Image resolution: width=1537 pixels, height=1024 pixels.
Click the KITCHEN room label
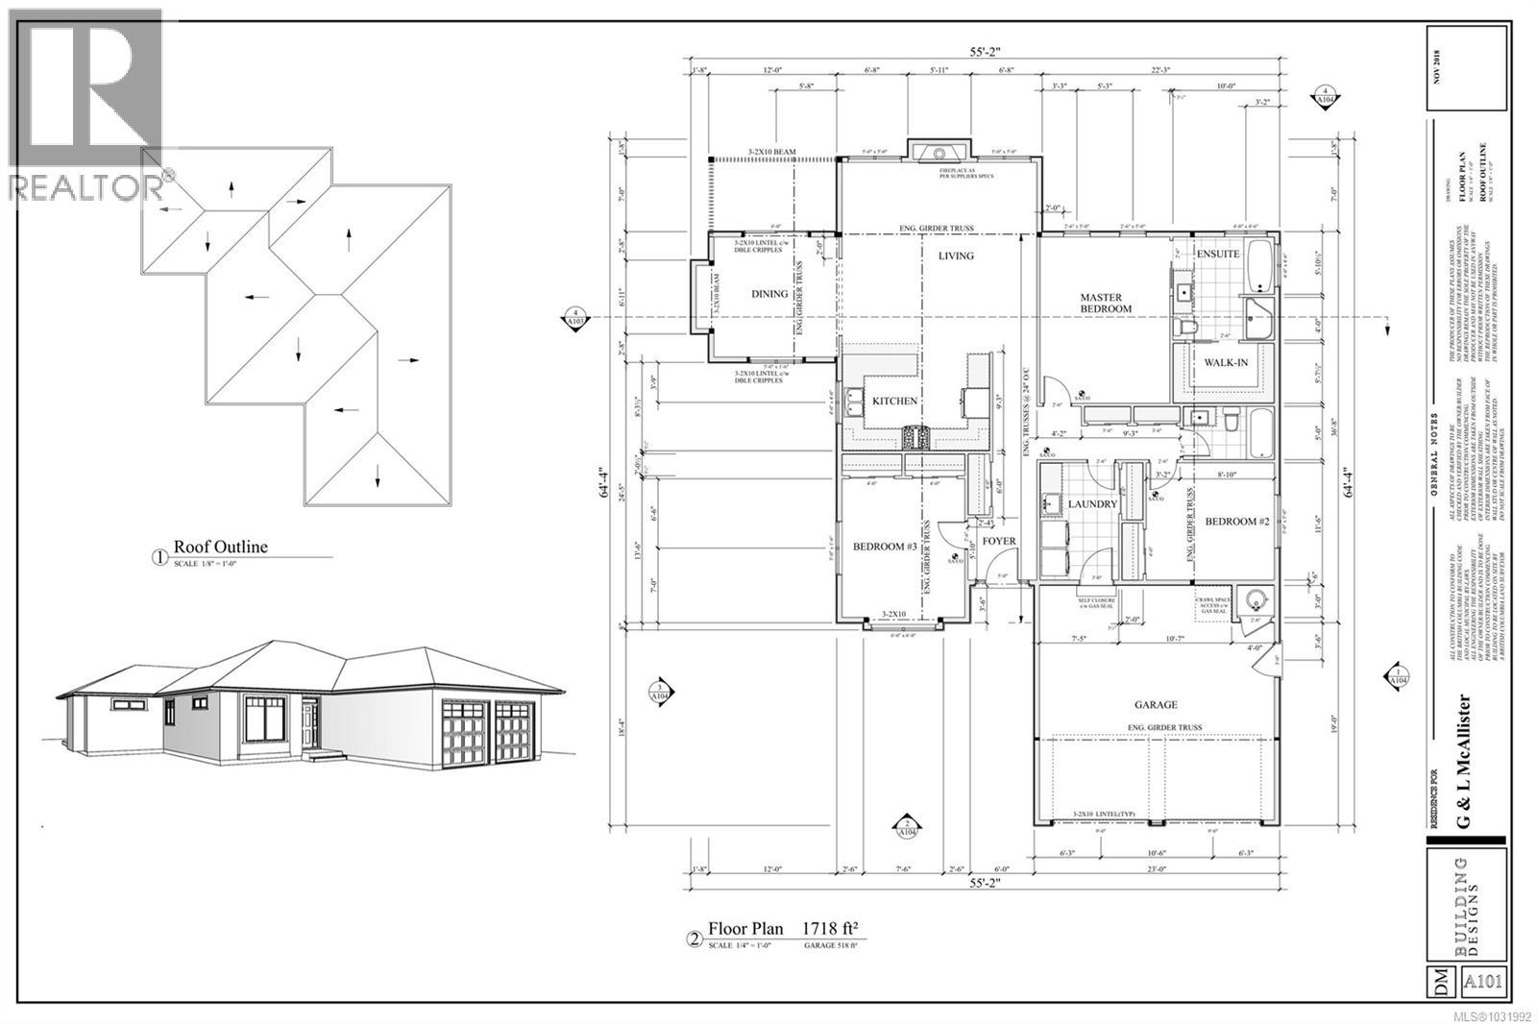894,401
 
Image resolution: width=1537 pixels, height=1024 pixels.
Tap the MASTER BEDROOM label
1106,303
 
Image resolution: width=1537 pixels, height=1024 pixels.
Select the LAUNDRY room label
1092,503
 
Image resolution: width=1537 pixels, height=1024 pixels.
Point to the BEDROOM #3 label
884,547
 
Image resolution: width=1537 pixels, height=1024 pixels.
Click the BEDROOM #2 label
1237,521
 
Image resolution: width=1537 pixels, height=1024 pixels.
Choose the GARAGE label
1157,705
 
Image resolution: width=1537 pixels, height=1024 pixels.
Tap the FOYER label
999,541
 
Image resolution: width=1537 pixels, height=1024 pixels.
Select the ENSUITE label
1218,254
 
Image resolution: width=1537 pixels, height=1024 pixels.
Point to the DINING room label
769,294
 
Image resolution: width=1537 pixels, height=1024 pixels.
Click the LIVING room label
956,256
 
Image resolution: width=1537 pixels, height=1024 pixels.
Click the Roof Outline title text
220,548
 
